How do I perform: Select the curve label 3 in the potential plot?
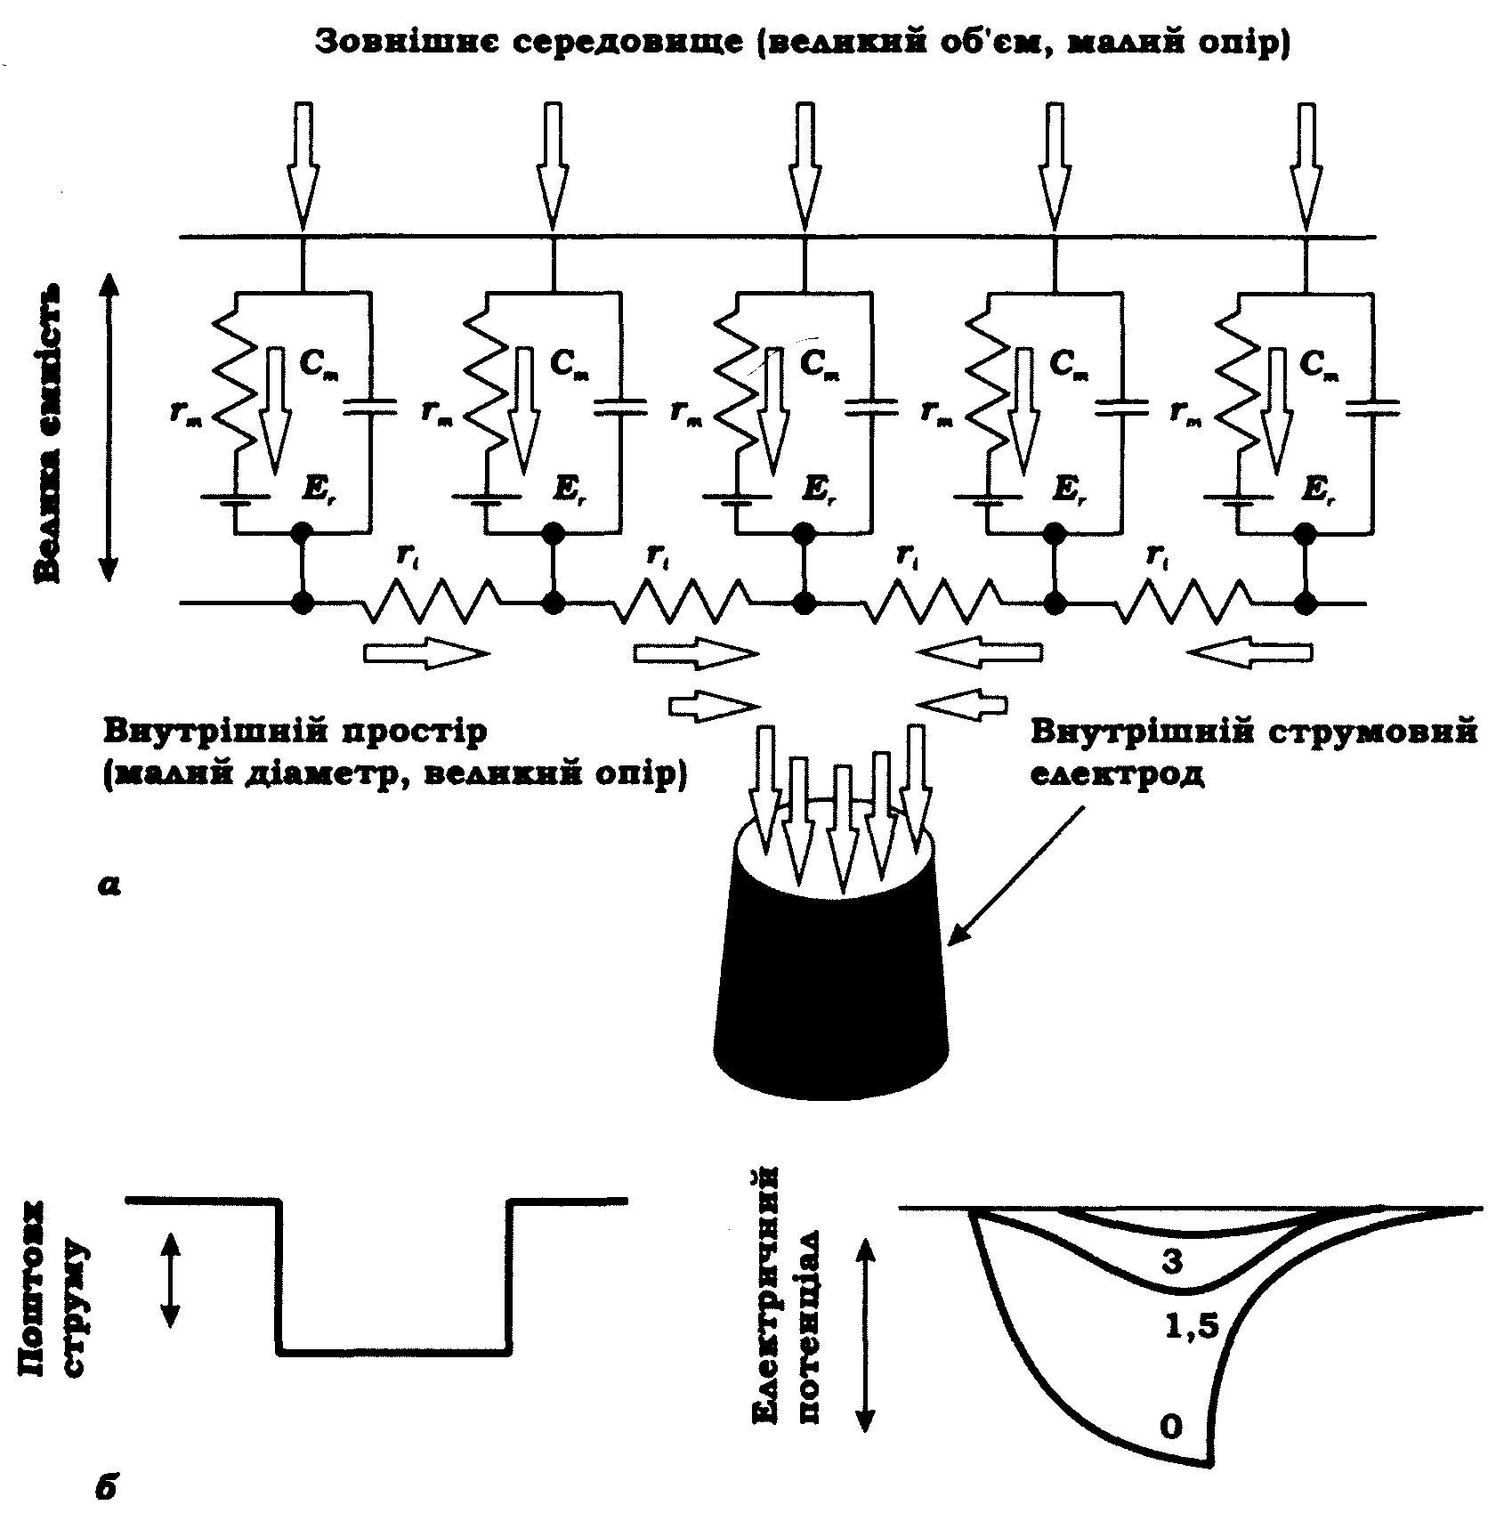(1173, 1261)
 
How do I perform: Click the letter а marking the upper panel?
(109, 884)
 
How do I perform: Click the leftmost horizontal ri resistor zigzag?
(430, 601)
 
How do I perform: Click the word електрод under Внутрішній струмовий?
(1118, 774)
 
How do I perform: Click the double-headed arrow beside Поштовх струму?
(170, 1279)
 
